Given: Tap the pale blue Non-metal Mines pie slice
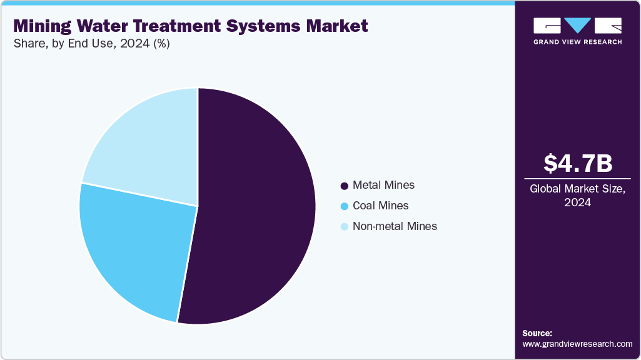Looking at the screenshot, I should pos(147,147).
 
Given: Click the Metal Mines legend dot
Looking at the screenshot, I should pos(344,186).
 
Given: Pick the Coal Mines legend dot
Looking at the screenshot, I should pos(344,206).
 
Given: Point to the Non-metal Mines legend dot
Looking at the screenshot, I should pos(344,227).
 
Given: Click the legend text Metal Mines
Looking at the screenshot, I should pos(383,185).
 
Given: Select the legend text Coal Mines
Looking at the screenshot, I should pos(380,206).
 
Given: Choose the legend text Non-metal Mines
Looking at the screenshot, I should pos(395,226).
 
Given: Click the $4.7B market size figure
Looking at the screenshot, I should pos(577,164).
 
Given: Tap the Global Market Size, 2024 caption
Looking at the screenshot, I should pos(577,196).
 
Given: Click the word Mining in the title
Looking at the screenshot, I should pos(44,26).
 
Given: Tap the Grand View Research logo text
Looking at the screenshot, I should pos(577,42).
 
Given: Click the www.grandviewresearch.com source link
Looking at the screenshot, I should pos(577,344).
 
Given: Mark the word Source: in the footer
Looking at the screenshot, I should pos(537,333).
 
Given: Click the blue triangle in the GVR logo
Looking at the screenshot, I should pos(577,25).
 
